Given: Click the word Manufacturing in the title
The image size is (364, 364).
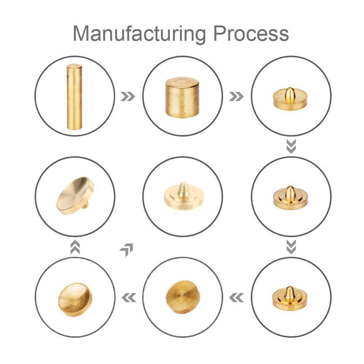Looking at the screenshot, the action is click(x=139, y=34).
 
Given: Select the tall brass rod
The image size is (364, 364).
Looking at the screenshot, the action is click(x=74, y=96).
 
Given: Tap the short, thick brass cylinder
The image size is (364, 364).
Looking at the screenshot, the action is click(x=182, y=98).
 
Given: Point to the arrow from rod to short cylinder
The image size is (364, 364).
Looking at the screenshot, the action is click(x=128, y=96).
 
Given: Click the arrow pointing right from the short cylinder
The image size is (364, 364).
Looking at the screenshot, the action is click(x=236, y=96).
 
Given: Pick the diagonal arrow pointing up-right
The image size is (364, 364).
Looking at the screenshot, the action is click(x=127, y=250).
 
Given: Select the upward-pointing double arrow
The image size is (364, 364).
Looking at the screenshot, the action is click(x=75, y=247).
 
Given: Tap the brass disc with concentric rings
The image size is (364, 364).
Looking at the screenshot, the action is click(x=183, y=297).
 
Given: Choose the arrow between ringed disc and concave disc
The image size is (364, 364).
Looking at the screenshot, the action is click(x=129, y=297).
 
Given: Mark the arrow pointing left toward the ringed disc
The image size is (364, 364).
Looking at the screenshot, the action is click(x=236, y=297).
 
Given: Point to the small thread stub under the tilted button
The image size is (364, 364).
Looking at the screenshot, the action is click(x=87, y=205).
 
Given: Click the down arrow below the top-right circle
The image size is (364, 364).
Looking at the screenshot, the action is click(x=291, y=146).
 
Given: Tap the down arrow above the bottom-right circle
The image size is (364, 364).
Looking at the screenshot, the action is click(x=291, y=247).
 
